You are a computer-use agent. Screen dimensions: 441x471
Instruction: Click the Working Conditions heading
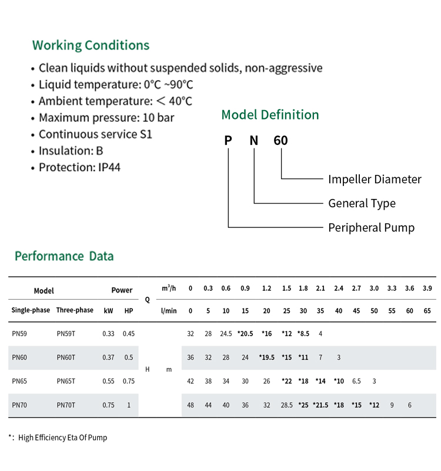click(x=91, y=45)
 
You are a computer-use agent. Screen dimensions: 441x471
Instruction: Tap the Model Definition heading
click(x=270, y=115)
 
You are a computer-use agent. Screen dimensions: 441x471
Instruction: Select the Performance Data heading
click(x=64, y=256)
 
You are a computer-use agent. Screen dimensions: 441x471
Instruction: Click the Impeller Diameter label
click(x=375, y=180)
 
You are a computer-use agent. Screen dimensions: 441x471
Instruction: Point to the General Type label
click(x=362, y=204)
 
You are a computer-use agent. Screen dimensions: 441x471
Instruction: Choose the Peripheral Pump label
click(x=372, y=228)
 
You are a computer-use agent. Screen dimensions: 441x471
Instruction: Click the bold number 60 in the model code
click(x=280, y=141)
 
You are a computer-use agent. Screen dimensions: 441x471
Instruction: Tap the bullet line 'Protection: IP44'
click(x=79, y=167)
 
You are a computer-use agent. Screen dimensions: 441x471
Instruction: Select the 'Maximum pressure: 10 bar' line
click(x=106, y=118)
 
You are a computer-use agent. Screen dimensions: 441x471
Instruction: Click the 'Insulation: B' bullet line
click(x=71, y=151)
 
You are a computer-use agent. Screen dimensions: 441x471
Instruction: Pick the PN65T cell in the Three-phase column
click(x=66, y=381)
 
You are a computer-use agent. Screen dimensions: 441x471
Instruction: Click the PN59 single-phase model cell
click(x=19, y=334)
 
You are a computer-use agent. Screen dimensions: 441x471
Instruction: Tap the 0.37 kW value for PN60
click(x=108, y=357)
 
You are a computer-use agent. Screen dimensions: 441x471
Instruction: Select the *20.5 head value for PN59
click(x=245, y=334)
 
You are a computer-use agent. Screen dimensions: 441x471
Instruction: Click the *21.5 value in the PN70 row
click(x=320, y=405)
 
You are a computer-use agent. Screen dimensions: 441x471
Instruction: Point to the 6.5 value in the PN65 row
click(x=356, y=381)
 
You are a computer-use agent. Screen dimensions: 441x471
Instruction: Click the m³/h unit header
click(x=169, y=288)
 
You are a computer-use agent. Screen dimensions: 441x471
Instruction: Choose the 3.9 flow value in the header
click(x=427, y=288)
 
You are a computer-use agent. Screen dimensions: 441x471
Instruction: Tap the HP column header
click(x=129, y=311)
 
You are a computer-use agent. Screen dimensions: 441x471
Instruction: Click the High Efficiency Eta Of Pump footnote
click(x=63, y=437)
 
